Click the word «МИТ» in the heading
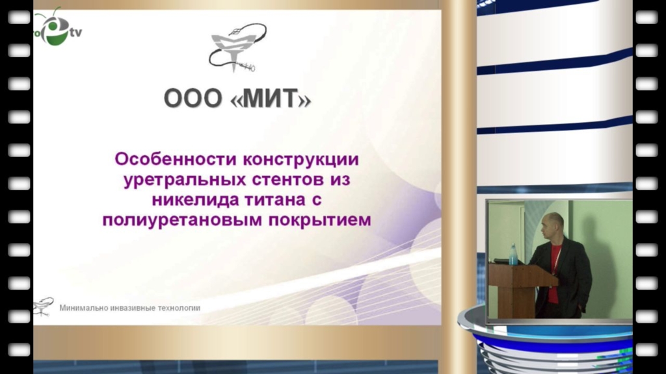click(271, 99)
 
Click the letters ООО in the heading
click(193, 99)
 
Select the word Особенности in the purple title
click(176, 159)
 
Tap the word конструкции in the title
click(301, 160)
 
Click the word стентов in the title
click(289, 179)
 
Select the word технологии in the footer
click(179, 308)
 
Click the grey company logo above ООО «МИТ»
click(237, 47)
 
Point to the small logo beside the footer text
click(44, 306)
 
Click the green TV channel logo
click(57, 27)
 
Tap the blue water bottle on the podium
click(513, 255)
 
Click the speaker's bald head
click(552, 225)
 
